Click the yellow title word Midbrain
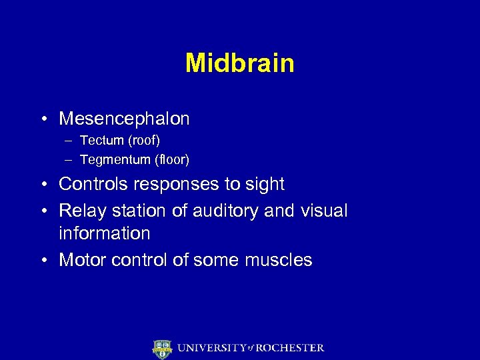(240, 63)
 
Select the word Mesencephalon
(124, 119)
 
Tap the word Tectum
(102, 141)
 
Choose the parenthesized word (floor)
(171, 160)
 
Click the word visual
(323, 211)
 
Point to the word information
(105, 233)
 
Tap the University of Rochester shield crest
(162, 349)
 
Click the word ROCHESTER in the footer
(291, 348)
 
